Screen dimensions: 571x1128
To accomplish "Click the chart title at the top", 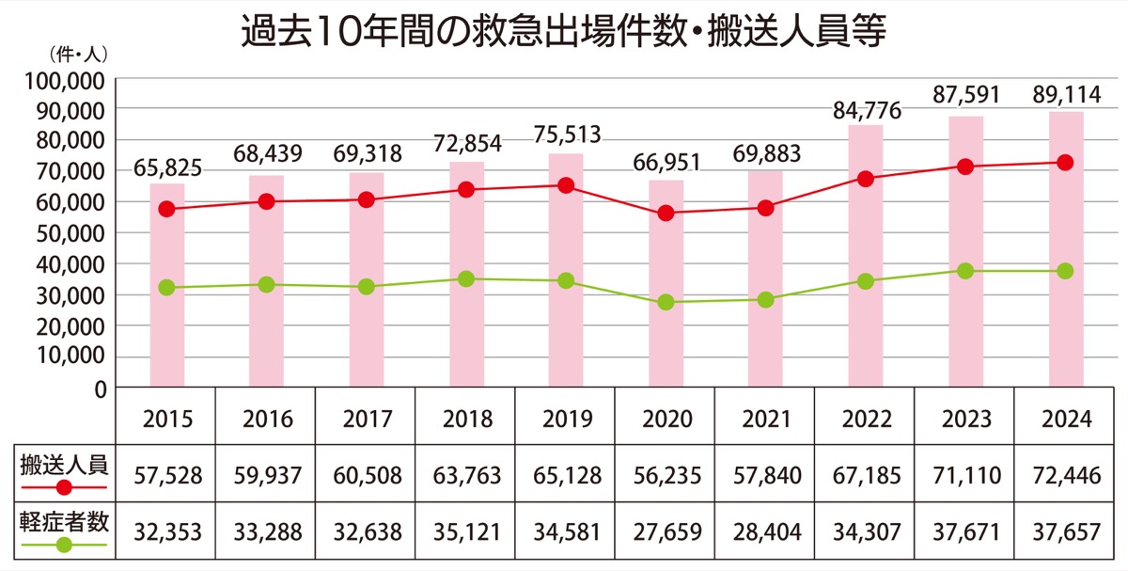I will (564, 34).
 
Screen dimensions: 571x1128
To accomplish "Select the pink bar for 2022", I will (865, 254).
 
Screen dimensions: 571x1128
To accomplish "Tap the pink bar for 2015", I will (166, 282).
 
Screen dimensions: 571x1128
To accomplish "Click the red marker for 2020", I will (666, 214).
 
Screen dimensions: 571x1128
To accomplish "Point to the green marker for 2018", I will (466, 278).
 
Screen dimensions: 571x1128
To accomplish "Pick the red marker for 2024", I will (1065, 163).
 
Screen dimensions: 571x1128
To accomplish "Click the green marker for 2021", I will (765, 300).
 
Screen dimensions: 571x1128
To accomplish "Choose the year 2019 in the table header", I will (565, 419).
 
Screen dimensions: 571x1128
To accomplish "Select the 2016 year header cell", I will (266, 419).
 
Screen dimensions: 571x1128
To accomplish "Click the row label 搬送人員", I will (63, 464).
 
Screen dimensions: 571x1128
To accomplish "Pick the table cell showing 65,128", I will (565, 476).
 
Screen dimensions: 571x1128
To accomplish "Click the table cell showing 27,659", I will (666, 532).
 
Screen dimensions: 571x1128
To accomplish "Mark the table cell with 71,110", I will (965, 476).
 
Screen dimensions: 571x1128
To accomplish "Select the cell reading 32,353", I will (166, 532).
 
